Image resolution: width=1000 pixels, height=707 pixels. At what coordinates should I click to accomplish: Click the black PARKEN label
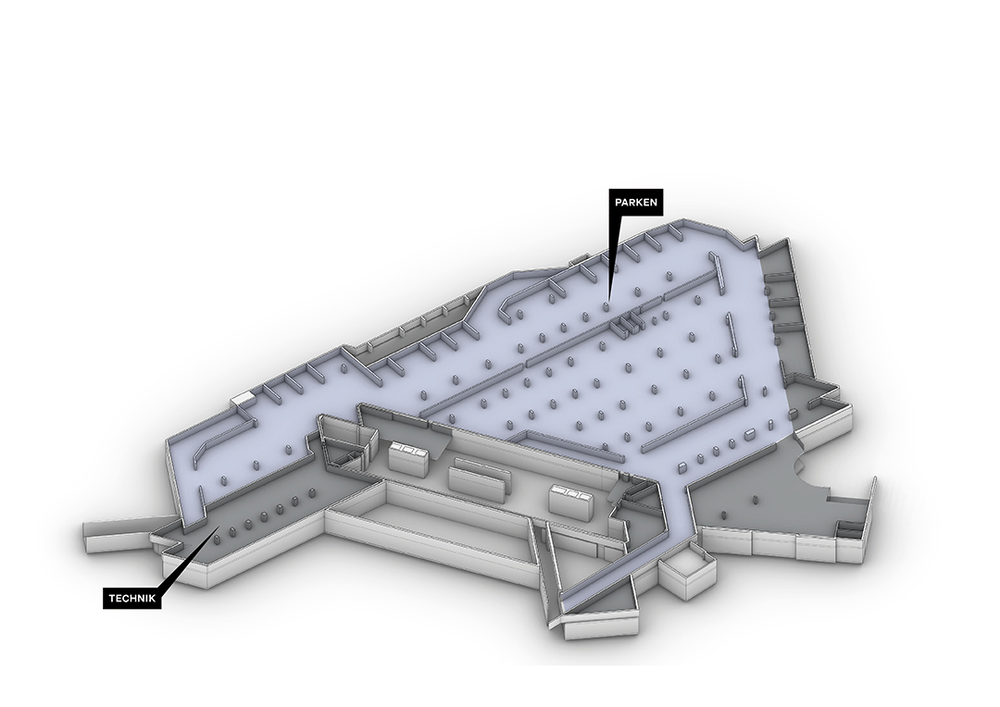coord(636,203)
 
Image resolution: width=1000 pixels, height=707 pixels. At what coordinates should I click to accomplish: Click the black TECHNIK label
coord(132,598)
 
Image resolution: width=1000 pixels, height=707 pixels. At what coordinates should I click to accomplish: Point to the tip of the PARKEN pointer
coord(608,300)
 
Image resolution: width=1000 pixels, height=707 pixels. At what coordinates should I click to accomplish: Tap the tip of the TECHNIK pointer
coord(219,527)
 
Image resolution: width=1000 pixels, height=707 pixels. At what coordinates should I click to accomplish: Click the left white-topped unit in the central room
coord(409,457)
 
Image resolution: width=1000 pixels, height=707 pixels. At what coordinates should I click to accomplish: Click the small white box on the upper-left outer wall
coord(243,398)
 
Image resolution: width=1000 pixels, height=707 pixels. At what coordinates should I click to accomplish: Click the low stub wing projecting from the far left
coord(121,532)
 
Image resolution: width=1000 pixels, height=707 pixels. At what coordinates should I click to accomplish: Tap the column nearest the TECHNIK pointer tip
coord(217,539)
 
